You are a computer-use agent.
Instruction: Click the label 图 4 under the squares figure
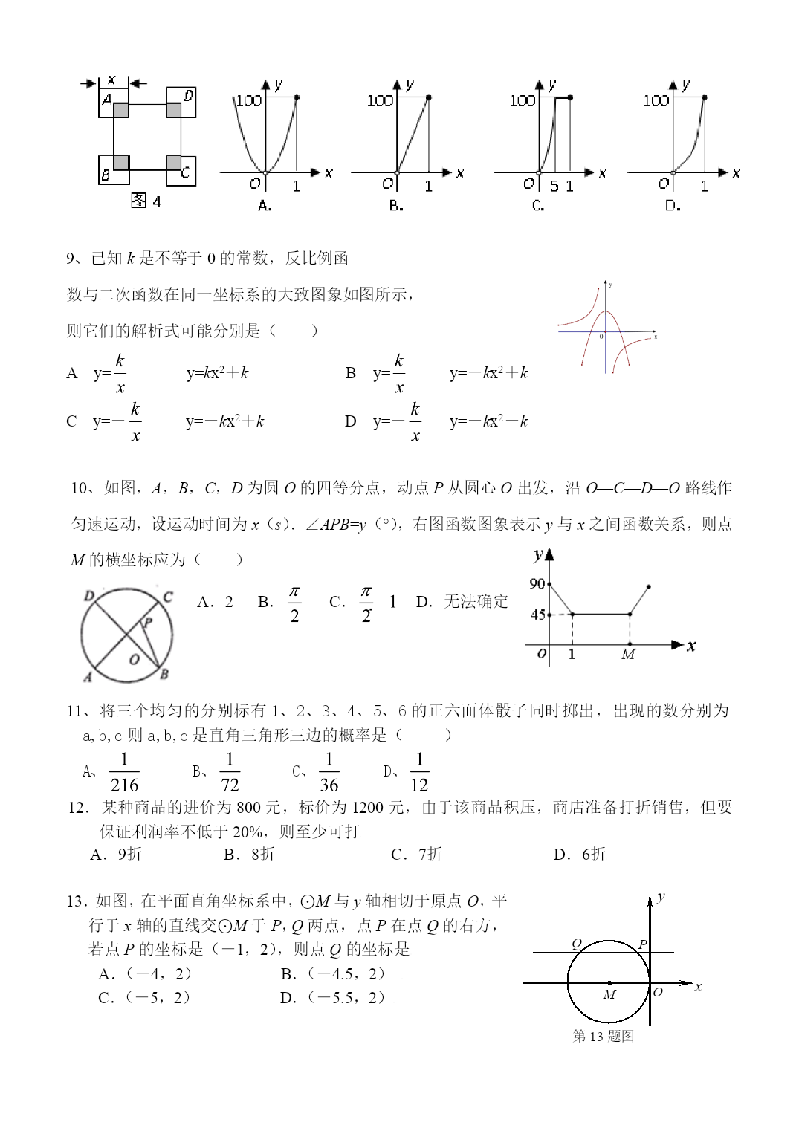(x=146, y=201)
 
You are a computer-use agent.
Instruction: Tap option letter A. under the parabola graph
(x=265, y=206)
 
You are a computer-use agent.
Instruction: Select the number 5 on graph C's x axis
(x=554, y=186)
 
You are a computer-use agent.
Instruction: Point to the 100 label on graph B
(x=380, y=100)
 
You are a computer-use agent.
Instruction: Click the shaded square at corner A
(x=121, y=111)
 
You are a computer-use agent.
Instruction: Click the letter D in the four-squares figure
(x=188, y=95)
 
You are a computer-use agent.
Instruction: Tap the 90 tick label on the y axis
(x=537, y=584)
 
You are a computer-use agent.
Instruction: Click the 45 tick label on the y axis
(x=537, y=615)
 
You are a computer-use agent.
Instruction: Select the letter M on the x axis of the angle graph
(x=629, y=655)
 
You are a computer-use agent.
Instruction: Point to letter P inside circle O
(x=148, y=623)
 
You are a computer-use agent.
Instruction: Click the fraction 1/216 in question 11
(x=124, y=772)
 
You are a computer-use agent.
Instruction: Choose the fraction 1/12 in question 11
(x=419, y=772)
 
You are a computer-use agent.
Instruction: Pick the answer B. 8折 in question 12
(x=250, y=854)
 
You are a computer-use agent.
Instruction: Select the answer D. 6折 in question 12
(x=580, y=854)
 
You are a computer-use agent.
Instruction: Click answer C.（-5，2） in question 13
(x=144, y=997)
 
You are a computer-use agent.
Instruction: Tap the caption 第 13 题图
(x=604, y=1036)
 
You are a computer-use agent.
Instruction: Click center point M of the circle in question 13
(x=609, y=983)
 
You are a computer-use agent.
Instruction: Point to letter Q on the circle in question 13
(x=576, y=944)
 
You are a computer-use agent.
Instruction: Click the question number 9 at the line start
(x=71, y=259)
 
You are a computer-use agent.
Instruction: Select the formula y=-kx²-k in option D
(x=488, y=421)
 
